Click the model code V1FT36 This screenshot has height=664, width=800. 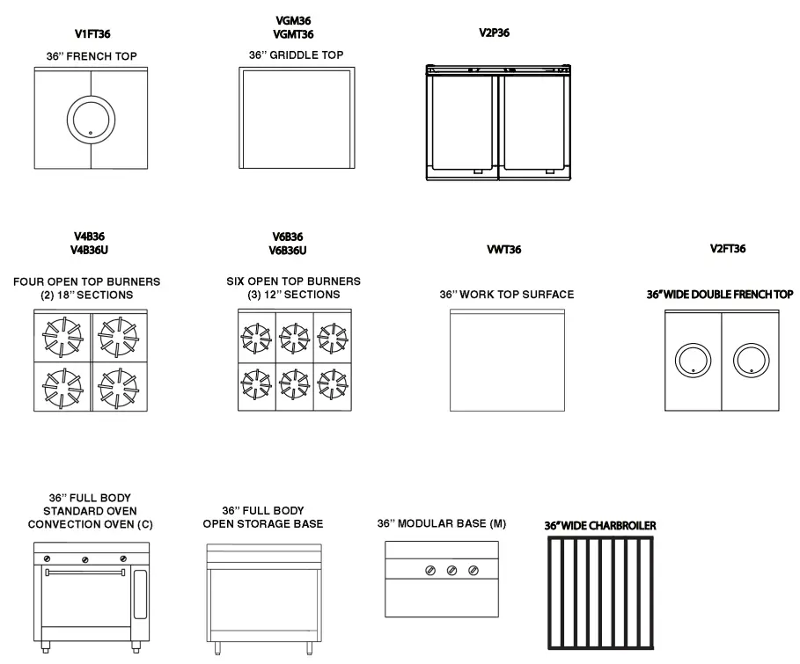coord(92,34)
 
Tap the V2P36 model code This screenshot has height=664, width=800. coord(494,33)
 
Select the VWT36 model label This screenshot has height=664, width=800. coord(504,250)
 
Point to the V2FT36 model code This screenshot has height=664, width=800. coord(728,249)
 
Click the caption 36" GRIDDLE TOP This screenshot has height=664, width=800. coord(296,55)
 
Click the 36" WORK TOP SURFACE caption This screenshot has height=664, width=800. coord(506,295)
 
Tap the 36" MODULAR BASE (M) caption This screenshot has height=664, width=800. coord(442,524)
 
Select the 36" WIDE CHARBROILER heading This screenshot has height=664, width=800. coord(600,526)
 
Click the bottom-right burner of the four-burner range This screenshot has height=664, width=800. coord(119,385)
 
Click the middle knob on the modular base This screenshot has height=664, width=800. coord(451,571)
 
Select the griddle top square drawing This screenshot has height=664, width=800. coord(296,119)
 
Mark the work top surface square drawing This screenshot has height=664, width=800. coord(506,360)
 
